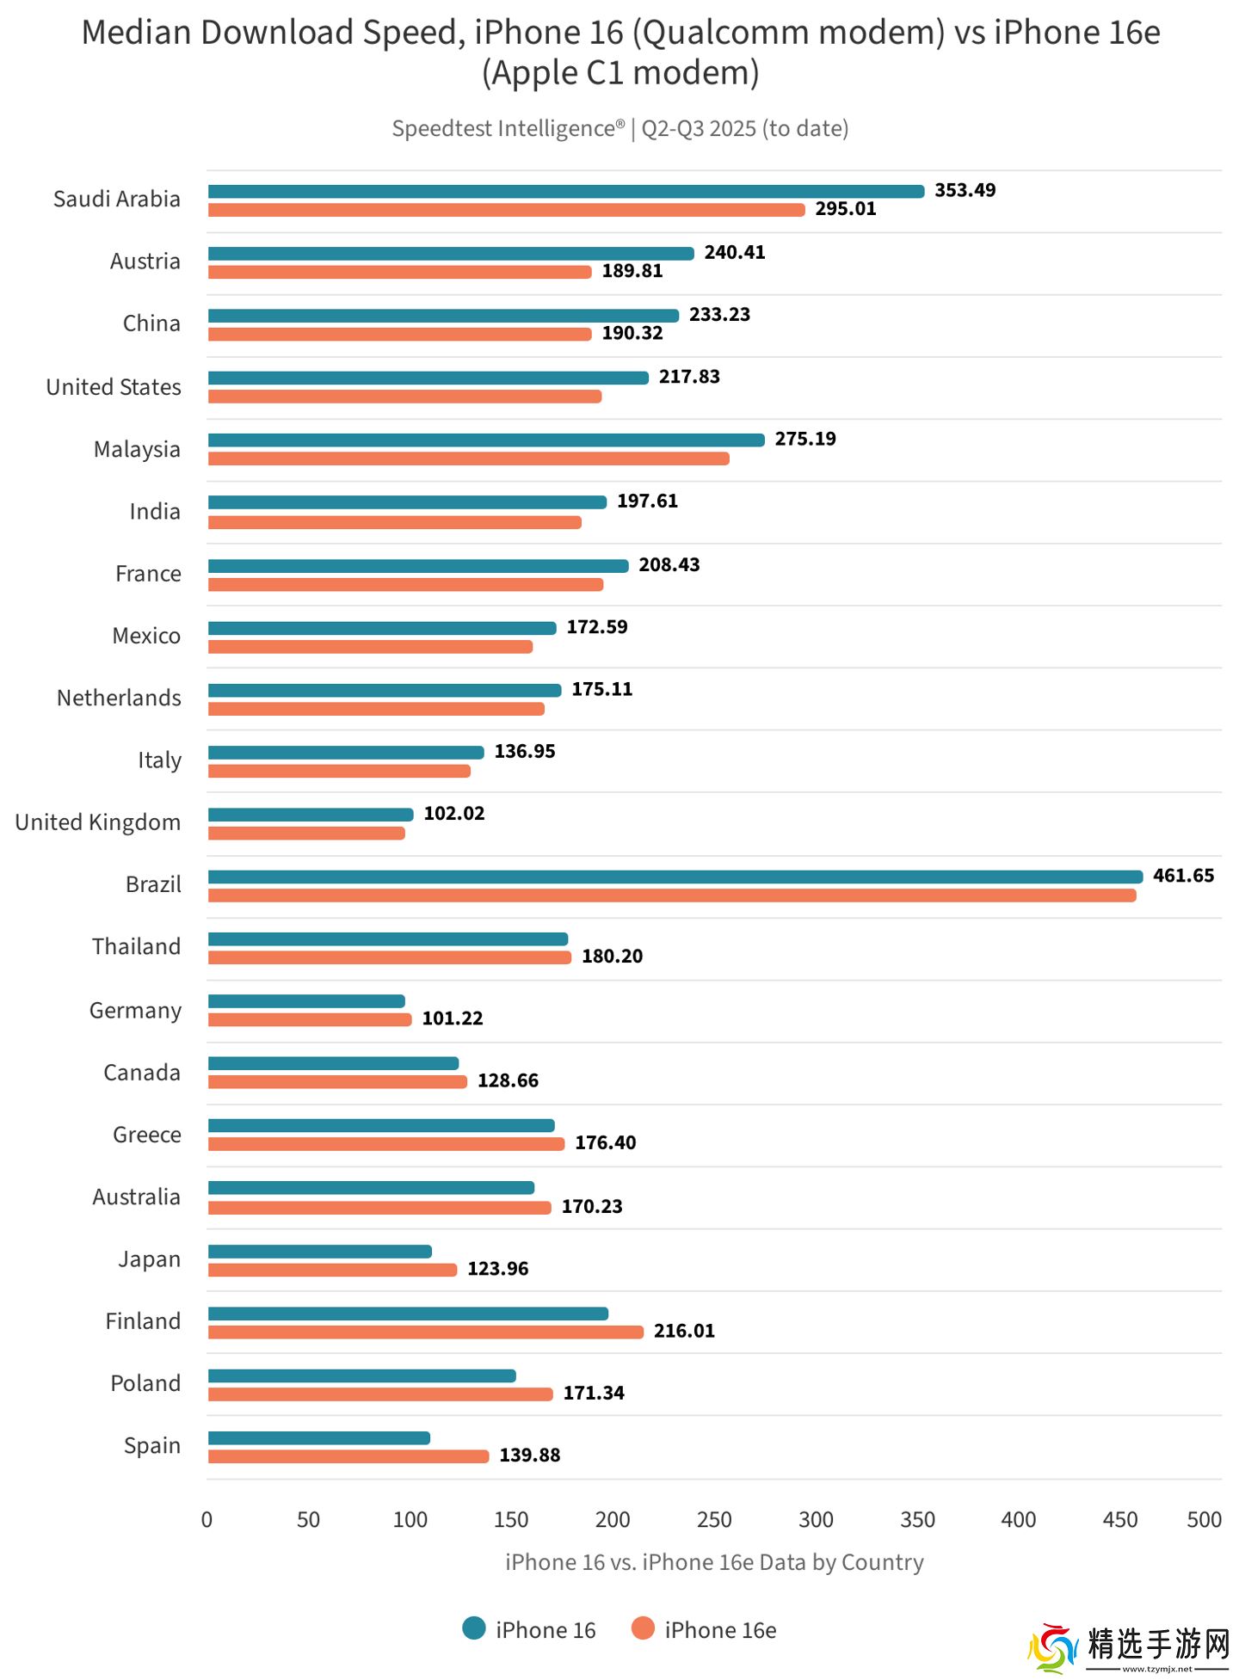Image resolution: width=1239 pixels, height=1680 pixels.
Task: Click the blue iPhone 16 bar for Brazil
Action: (x=675, y=877)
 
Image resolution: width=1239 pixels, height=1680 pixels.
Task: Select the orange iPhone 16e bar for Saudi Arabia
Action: (x=506, y=210)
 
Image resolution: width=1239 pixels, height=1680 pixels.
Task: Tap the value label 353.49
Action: (x=965, y=190)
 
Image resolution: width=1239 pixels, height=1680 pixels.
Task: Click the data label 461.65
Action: (x=1183, y=876)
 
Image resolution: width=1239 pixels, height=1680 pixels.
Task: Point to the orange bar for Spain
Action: (x=348, y=1456)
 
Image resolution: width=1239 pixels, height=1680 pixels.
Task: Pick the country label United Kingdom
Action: (x=98, y=822)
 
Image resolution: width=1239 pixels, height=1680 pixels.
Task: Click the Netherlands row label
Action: (x=119, y=698)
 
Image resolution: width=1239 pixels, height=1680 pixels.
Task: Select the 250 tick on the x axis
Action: (x=714, y=1520)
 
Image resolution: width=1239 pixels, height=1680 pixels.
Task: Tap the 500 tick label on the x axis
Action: (x=1204, y=1520)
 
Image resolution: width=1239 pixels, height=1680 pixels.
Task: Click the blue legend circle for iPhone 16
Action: (x=474, y=1628)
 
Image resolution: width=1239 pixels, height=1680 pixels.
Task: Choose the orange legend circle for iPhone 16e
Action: (x=643, y=1628)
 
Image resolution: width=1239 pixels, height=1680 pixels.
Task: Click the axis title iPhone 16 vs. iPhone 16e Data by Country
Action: (x=714, y=1562)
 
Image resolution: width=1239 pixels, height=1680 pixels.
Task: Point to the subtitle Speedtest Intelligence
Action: (x=508, y=128)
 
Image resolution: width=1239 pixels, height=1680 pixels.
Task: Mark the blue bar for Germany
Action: (x=306, y=1001)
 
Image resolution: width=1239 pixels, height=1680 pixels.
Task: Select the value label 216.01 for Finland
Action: (x=684, y=1331)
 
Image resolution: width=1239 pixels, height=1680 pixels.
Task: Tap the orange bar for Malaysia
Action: (x=468, y=459)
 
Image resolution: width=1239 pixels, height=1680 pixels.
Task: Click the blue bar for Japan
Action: (x=319, y=1252)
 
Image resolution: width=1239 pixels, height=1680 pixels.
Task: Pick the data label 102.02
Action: (x=453, y=813)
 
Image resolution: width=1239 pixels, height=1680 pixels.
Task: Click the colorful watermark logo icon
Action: (x=1052, y=1648)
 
